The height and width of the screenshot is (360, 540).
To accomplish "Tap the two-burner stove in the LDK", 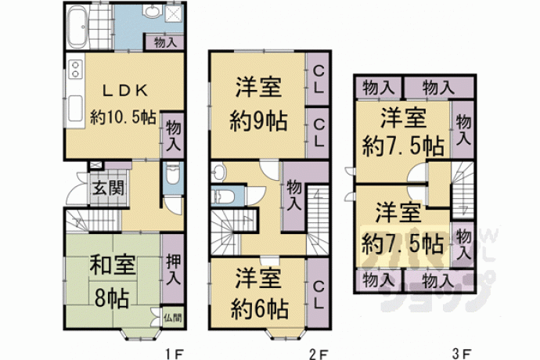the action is pos(75,69).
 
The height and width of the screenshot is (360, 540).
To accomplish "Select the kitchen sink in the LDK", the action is pos(75,109).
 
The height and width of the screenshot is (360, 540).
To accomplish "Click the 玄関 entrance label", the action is pos(108,188).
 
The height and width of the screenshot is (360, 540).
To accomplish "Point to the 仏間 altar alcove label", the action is pos(173,317).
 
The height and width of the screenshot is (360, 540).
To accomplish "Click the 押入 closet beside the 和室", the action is pos(173,270).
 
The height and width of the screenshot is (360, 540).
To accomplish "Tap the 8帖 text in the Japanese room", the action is pos(112,298).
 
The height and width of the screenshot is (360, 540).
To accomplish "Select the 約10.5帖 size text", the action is pos(124,117).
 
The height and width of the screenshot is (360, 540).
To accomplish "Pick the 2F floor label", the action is pos(319,354).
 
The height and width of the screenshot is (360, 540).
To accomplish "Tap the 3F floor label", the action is pos(462,354).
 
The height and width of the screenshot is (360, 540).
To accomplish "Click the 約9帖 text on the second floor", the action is pos(258,121).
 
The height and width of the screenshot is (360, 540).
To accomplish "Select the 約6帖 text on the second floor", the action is pos(259,308).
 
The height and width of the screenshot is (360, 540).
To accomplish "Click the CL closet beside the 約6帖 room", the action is pos(319,293).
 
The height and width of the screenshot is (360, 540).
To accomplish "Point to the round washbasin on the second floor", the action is pos(218,171).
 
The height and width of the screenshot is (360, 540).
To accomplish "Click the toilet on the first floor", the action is pos(171,174).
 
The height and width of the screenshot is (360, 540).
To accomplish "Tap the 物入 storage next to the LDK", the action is pos(173,135).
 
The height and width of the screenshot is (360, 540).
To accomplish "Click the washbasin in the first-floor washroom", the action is pos(153,12).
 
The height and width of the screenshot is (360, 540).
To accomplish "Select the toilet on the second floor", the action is pos(222,196).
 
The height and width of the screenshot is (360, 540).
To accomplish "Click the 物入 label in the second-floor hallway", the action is pos(293,196).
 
